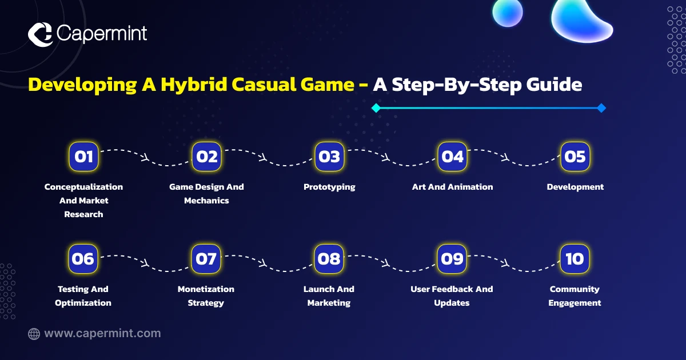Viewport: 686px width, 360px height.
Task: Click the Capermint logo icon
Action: pyautogui.click(x=40, y=34)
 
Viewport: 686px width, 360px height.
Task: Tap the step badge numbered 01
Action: pyautogui.click(x=83, y=157)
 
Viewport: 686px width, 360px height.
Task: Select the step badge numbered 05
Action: pyautogui.click(x=575, y=157)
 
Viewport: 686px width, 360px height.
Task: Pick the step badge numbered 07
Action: pyautogui.click(x=206, y=259)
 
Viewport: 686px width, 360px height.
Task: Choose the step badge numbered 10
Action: pyautogui.click(x=575, y=259)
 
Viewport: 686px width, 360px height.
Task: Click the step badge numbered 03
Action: pyautogui.click(x=329, y=157)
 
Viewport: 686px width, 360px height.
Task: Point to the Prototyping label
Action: pyautogui.click(x=329, y=187)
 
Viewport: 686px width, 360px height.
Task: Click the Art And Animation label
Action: pyautogui.click(x=452, y=187)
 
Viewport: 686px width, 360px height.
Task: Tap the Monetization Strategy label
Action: pyautogui.click(x=206, y=296)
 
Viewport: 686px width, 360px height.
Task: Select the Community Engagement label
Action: pyautogui.click(x=575, y=296)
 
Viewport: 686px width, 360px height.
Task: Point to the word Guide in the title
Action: pyautogui.click(x=555, y=84)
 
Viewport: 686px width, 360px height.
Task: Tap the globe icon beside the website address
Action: pyautogui.click(x=34, y=334)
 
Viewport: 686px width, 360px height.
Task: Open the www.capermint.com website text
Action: pyautogui.click(x=102, y=333)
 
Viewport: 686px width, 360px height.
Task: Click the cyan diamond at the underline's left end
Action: pyautogui.click(x=376, y=108)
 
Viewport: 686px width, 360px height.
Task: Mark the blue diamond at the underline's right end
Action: pyautogui.click(x=601, y=108)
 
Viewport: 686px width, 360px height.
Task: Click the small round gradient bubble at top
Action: pyautogui.click(x=508, y=12)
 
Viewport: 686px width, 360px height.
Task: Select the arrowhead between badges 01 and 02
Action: pyautogui.click(x=145, y=158)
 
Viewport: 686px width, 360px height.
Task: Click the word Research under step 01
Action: pyautogui.click(x=83, y=214)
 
